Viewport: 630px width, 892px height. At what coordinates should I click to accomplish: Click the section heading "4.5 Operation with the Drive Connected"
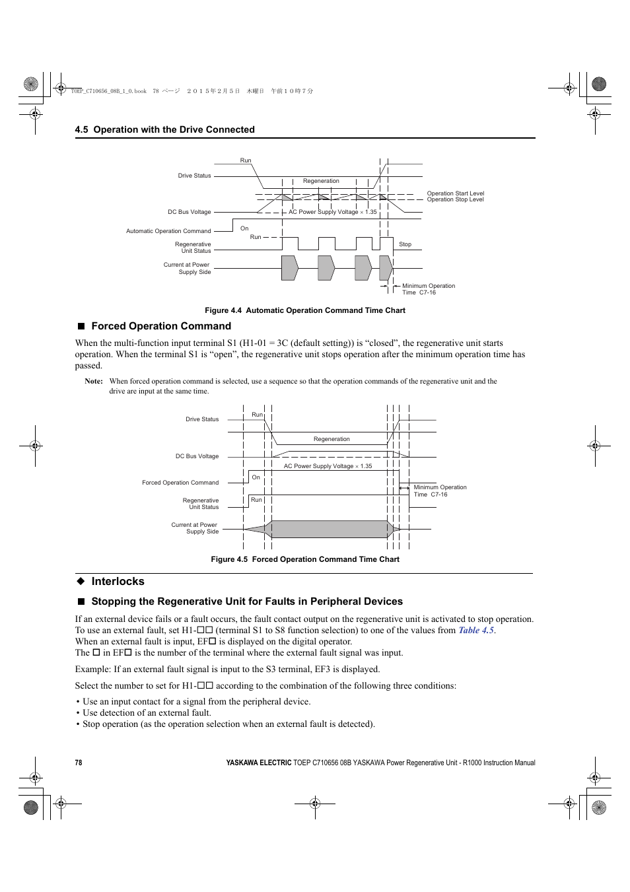click(x=164, y=129)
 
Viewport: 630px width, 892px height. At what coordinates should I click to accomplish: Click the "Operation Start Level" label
click(x=455, y=193)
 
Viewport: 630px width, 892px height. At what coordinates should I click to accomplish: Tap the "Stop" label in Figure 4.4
click(x=405, y=244)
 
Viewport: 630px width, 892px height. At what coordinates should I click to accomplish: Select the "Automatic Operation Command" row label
click(x=168, y=231)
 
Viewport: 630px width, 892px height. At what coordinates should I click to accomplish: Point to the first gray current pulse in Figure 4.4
click(x=289, y=268)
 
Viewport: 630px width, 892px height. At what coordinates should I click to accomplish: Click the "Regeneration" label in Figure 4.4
click(x=321, y=181)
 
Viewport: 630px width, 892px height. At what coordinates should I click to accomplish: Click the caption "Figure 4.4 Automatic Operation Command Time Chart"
click(x=304, y=310)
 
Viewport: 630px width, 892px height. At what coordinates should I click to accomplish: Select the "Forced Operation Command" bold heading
click(x=160, y=326)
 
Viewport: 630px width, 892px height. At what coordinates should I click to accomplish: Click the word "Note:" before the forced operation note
click(x=94, y=381)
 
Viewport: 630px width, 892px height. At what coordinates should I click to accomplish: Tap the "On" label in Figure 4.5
click(x=256, y=477)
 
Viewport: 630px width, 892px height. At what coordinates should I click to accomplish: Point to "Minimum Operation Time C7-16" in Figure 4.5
click(x=439, y=491)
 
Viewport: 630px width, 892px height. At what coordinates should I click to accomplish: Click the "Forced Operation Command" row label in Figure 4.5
click(x=180, y=483)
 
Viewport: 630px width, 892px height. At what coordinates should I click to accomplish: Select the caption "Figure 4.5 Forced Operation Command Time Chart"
click(x=304, y=559)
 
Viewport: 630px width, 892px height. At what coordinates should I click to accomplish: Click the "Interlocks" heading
click(x=118, y=581)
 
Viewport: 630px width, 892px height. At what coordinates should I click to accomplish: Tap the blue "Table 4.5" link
click(x=476, y=631)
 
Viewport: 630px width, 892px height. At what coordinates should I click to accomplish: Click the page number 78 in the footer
click(x=79, y=763)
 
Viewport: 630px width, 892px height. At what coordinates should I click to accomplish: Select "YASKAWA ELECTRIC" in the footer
click(x=258, y=763)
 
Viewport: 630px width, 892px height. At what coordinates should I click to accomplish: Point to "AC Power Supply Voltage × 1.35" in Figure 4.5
click(x=328, y=466)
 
